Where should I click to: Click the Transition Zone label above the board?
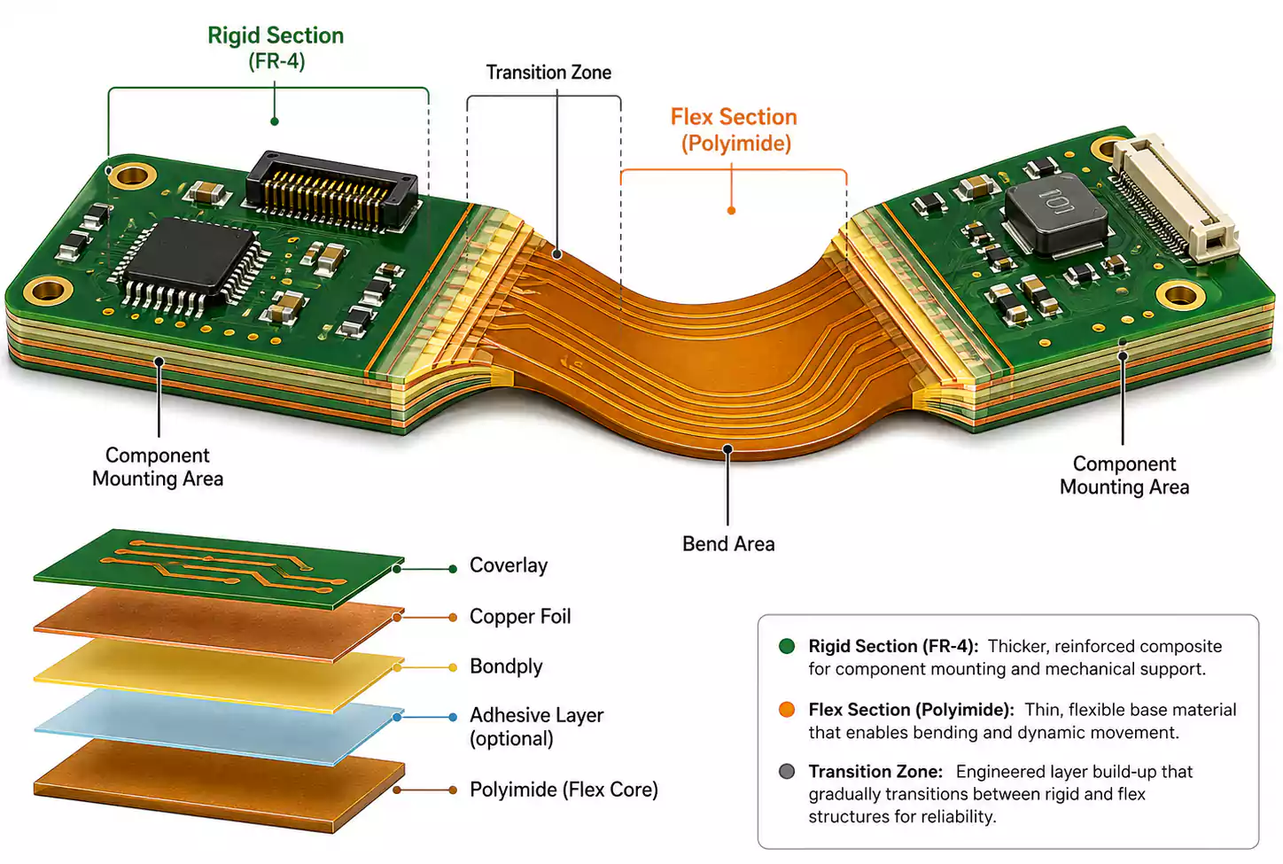[548, 73]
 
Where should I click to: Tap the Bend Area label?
[728, 544]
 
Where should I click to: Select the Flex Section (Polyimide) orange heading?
[735, 130]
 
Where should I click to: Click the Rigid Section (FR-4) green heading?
[276, 48]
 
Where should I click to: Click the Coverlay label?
[509, 565]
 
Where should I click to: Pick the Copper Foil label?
[520, 617]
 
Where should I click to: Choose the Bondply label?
[506, 666]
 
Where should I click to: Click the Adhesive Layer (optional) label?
[537, 727]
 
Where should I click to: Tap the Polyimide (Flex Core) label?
[564, 790]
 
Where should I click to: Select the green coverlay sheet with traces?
[218, 569]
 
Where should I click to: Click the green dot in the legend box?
[787, 646]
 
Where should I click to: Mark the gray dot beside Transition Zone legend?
[787, 771]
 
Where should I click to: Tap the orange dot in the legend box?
[787, 709]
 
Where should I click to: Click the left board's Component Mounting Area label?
[158, 467]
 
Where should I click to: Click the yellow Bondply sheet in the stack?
[218, 676]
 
